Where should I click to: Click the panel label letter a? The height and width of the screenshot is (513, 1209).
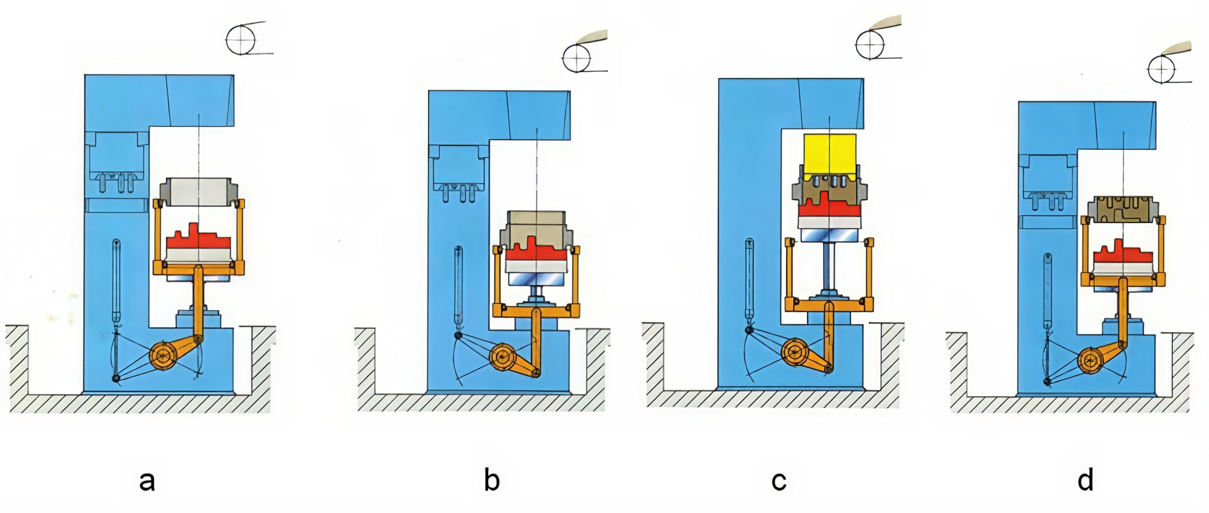tap(147, 481)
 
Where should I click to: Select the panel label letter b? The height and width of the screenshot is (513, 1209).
tap(492, 480)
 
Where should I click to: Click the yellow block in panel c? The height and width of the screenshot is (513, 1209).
tap(829, 154)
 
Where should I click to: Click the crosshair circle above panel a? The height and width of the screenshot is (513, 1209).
tap(241, 39)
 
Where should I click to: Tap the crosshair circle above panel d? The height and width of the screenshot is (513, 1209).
tap(1162, 69)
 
